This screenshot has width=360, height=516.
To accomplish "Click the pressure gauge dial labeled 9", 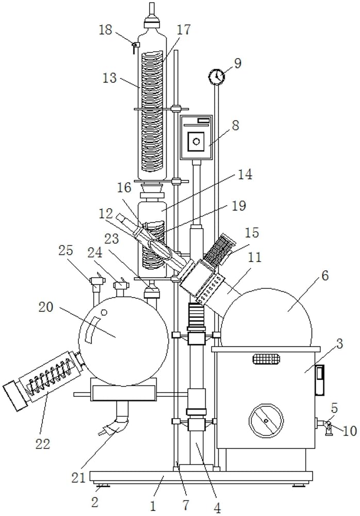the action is point(217,77).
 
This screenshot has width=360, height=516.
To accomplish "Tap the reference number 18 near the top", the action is point(106,30).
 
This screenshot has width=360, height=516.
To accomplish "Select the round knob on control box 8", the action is point(196,141).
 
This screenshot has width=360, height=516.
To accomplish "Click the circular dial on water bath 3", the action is point(266,421).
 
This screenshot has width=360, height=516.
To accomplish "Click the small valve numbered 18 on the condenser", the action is point(134,46).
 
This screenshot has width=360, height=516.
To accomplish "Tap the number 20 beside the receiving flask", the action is point(46,308).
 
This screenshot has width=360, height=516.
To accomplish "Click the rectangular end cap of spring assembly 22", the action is point(15,396).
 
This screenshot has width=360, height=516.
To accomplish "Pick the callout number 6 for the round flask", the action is point(325,276).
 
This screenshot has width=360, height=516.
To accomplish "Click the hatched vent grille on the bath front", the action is point(267,359).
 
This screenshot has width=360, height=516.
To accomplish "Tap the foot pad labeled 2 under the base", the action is point(102,486).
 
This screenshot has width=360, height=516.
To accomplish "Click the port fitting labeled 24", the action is point(121,284).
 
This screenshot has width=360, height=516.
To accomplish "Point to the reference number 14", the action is point(245,174).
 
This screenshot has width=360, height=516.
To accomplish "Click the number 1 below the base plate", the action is point(153,505).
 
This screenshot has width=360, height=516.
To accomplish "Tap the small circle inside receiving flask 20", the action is point(104,312).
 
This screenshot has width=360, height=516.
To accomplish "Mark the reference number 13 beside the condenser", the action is point(110,78).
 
